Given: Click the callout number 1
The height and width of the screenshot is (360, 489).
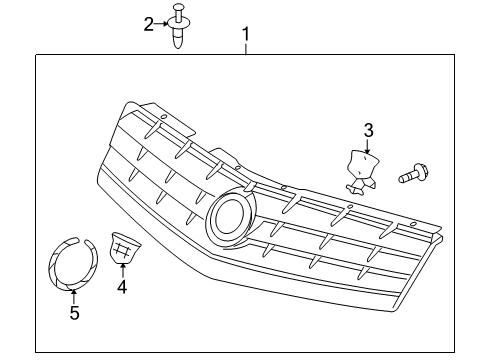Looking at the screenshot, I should (245, 37).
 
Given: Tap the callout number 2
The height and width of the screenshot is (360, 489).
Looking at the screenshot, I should (149, 24).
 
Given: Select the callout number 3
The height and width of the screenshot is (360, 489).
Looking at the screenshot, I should (368, 130).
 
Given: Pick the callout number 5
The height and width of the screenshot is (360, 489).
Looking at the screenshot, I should (73, 312).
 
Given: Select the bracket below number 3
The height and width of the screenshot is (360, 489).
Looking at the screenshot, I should (361, 168).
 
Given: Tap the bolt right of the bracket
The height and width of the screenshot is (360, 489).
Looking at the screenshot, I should (412, 177).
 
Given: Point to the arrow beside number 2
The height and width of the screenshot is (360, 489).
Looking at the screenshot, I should (162, 22).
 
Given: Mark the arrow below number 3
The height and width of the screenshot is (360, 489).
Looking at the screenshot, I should (367, 146).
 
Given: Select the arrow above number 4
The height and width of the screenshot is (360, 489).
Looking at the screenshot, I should (123, 268).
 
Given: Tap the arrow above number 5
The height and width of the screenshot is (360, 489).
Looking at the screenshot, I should (73, 294).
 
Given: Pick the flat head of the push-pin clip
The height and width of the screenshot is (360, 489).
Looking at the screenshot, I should (180, 13).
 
